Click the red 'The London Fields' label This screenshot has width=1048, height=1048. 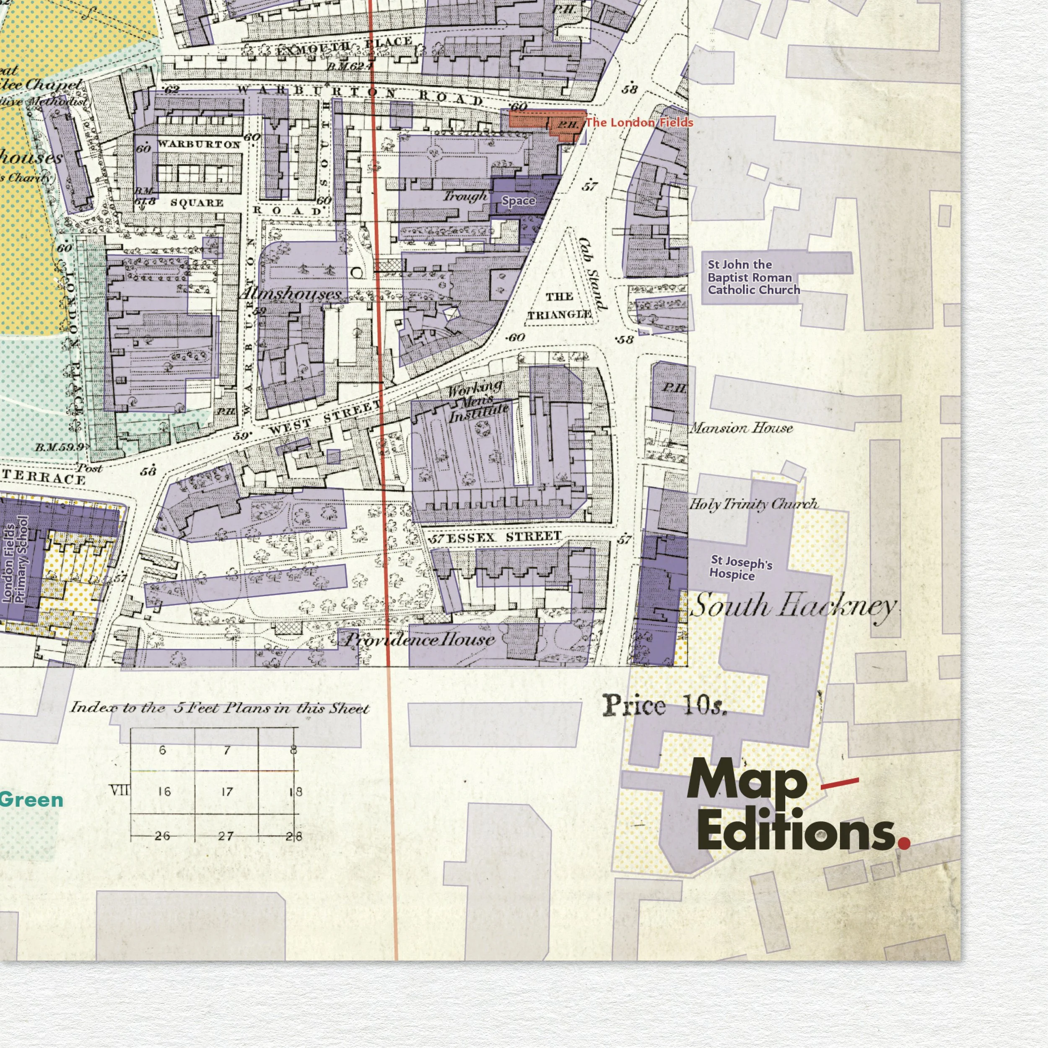click(x=638, y=122)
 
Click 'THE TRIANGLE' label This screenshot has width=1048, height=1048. click(x=560, y=306)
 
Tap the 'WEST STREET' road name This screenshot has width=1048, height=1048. click(x=325, y=418)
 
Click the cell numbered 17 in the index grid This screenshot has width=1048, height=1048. click(x=227, y=792)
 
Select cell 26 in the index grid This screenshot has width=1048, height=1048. click(x=162, y=836)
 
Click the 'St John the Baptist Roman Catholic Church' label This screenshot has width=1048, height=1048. click(x=753, y=277)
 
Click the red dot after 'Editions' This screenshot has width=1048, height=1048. click(x=904, y=843)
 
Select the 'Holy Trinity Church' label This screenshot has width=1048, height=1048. click(x=753, y=504)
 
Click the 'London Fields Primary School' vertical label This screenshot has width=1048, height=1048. click(x=15, y=559)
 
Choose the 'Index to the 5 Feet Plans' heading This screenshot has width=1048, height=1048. click(x=220, y=708)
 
